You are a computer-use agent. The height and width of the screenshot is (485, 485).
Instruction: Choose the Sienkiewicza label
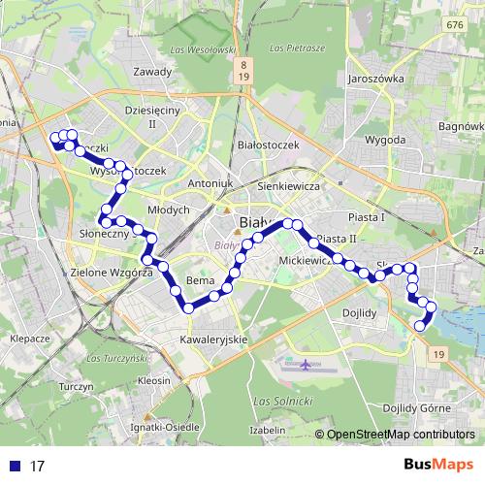point(289,183)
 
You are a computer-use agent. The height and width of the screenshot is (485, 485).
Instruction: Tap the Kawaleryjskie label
point(214,339)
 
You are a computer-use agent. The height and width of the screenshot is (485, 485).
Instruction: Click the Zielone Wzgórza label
point(112,274)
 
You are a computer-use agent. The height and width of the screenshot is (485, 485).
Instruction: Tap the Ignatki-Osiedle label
point(165,425)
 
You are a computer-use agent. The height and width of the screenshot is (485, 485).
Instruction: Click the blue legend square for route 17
point(15,466)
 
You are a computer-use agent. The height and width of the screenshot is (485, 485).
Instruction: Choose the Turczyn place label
point(75,386)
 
